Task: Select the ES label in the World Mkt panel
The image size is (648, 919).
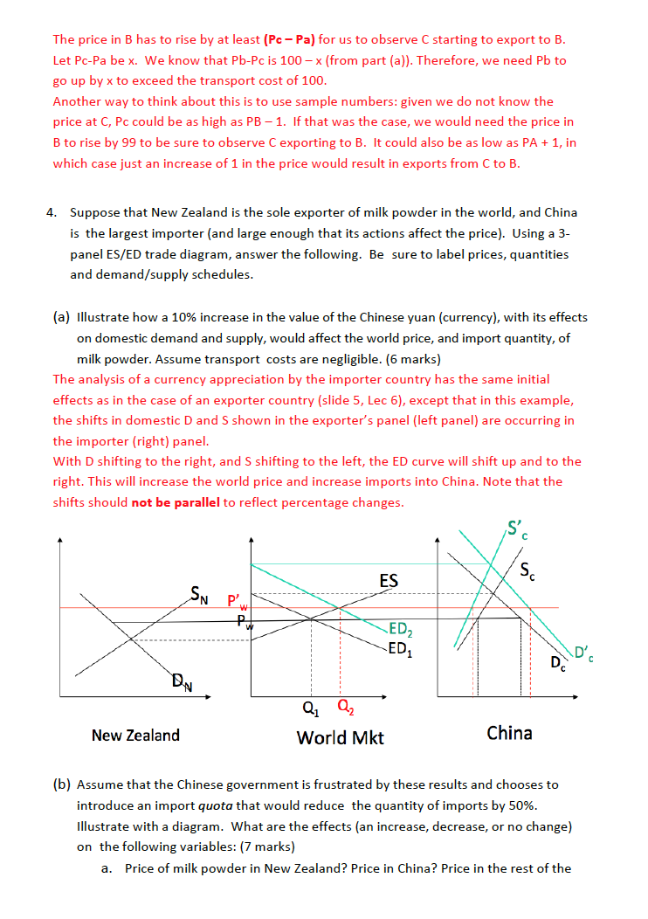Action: (389, 581)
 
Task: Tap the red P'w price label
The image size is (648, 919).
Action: (238, 602)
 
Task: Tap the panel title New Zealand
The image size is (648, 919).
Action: (135, 735)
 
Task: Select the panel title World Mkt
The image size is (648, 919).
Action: (340, 737)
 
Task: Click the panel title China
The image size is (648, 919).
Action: (509, 733)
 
